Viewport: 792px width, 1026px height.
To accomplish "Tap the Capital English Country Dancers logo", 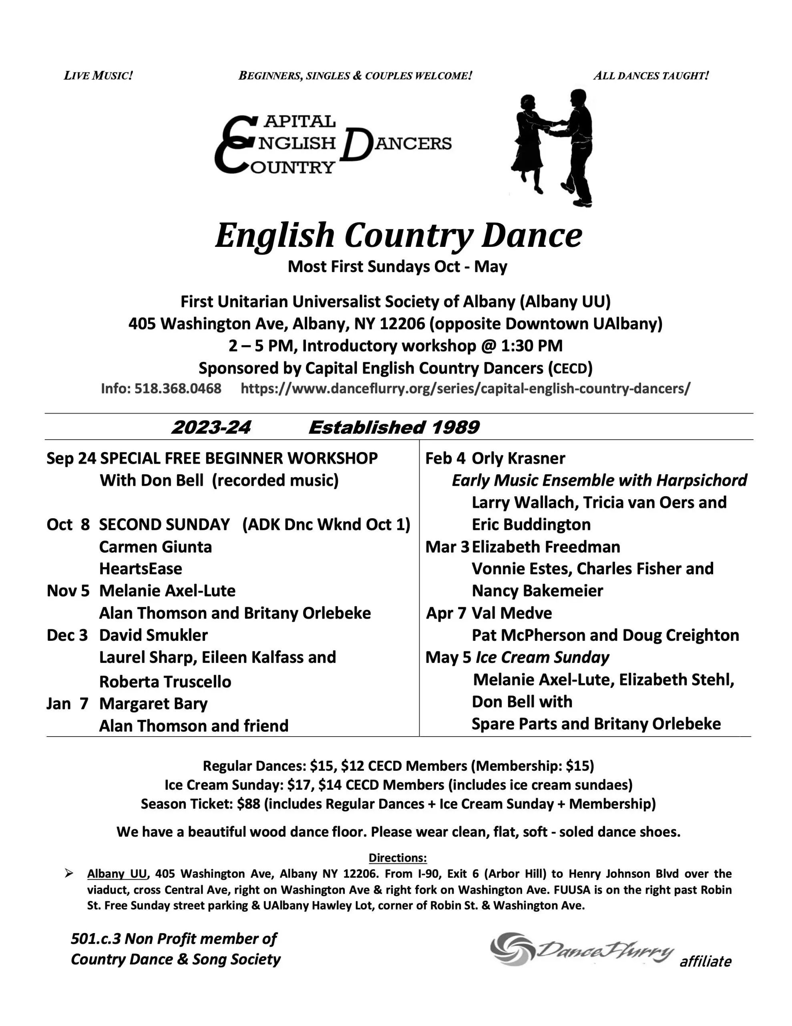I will (x=333, y=144).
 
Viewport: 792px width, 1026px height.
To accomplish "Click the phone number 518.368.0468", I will (x=177, y=388).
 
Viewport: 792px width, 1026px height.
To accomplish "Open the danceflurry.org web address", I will (x=465, y=388).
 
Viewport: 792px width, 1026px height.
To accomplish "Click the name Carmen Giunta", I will (x=155, y=547).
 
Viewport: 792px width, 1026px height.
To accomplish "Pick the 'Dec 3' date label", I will (x=67, y=635).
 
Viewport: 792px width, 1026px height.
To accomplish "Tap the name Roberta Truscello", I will (x=165, y=682).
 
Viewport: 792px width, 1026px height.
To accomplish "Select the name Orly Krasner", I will (x=518, y=458).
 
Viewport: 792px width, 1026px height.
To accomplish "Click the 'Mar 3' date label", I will (x=447, y=547).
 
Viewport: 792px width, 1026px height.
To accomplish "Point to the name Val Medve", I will (x=512, y=613).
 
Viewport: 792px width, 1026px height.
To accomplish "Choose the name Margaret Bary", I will (x=153, y=704).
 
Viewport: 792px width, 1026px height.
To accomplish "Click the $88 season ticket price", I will (x=248, y=804).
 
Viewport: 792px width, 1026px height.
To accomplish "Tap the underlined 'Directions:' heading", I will (x=398, y=858).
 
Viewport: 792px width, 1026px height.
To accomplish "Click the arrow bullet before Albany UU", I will (x=69, y=874).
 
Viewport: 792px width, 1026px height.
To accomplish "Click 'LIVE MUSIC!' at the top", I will (x=98, y=76).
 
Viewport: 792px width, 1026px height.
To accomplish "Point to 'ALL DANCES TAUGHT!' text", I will (x=651, y=76).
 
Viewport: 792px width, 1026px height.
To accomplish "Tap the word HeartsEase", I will (x=141, y=569).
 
